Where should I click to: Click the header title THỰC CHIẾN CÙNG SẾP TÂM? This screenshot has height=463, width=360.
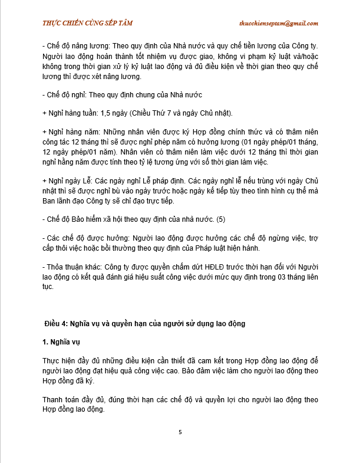click(88, 23)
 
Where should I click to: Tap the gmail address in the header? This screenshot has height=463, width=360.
click(279, 23)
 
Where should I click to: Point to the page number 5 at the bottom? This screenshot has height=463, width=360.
click(180, 432)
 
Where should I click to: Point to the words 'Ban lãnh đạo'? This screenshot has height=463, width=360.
click(64, 201)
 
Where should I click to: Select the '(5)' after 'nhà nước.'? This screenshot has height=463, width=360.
click(221, 219)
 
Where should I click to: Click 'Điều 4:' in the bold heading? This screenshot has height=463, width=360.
click(57, 324)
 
